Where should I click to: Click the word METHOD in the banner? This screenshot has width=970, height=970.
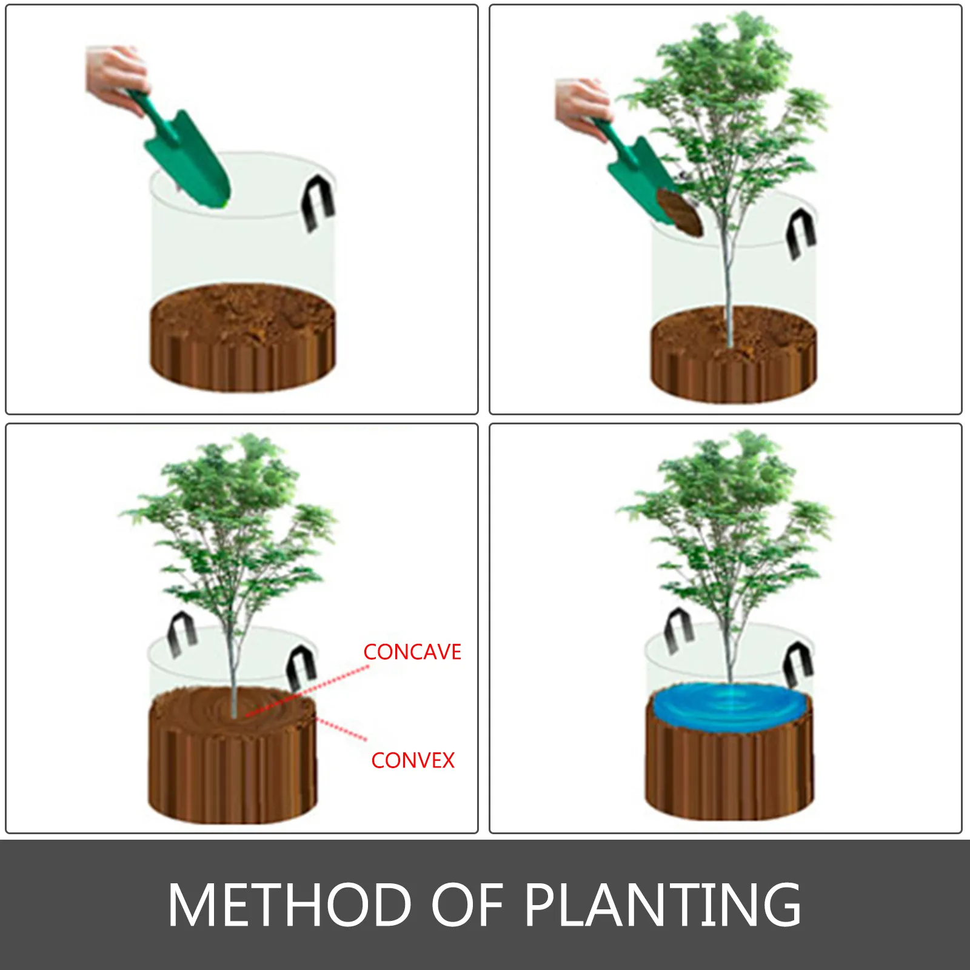tap(290, 905)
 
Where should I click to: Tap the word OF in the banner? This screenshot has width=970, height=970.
tap(467, 905)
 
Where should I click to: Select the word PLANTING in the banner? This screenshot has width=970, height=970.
tap(663, 905)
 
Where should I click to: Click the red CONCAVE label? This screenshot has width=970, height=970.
tap(412, 652)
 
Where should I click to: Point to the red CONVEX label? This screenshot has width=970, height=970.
tap(413, 760)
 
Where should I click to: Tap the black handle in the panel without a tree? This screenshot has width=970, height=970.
tap(318, 202)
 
